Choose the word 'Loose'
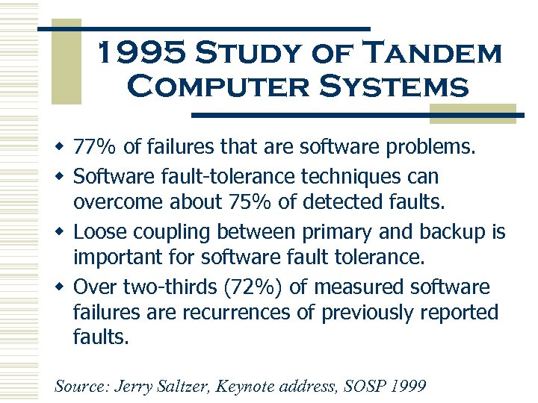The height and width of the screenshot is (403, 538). click(101, 232)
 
